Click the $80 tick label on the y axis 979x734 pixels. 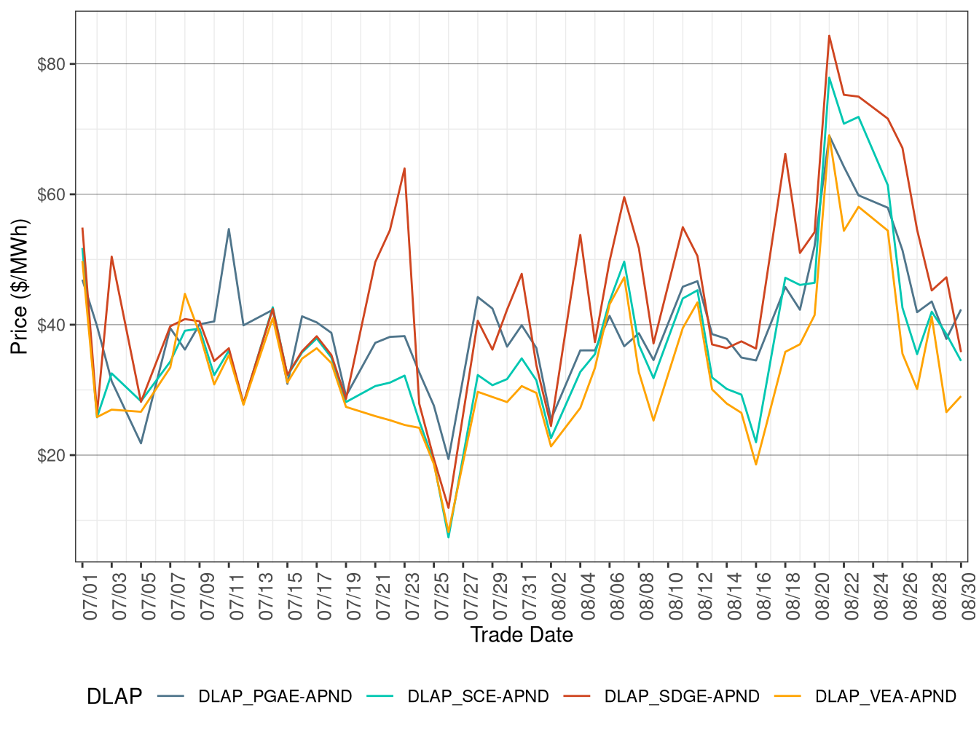(x=51, y=64)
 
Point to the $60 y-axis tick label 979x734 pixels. (x=51, y=194)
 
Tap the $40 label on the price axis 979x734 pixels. (x=51, y=325)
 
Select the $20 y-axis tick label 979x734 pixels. (x=51, y=455)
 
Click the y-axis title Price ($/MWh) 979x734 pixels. (x=19, y=286)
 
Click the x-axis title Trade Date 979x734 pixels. (x=522, y=635)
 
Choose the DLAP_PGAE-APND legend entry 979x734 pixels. (x=275, y=696)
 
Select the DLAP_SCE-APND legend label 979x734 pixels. (x=478, y=696)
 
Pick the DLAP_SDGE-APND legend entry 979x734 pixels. (x=682, y=696)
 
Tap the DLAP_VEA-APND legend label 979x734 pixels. (x=885, y=696)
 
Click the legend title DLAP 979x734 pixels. (x=114, y=697)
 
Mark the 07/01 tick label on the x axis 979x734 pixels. (x=90, y=596)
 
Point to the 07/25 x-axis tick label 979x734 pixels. (x=441, y=596)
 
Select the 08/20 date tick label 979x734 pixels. (x=822, y=596)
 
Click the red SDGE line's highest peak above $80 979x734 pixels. (x=829, y=36)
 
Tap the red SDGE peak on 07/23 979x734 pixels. (x=404, y=168)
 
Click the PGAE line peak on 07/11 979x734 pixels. (x=229, y=229)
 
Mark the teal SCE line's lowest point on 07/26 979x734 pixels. (x=449, y=537)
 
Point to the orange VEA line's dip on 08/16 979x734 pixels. (x=756, y=465)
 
